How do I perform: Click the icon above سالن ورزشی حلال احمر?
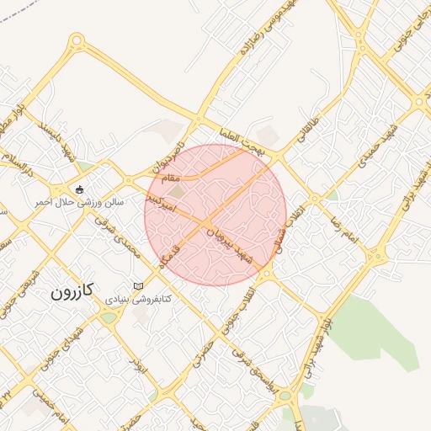pyautogui.click(x=80, y=189)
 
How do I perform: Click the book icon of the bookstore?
pyautogui.click(x=138, y=286)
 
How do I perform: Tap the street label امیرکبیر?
pyautogui.click(x=160, y=201)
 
